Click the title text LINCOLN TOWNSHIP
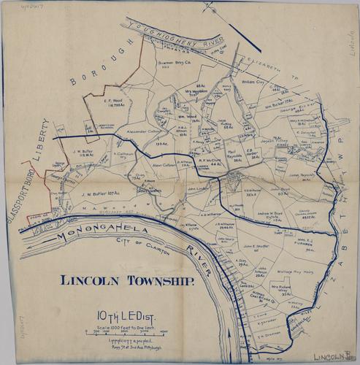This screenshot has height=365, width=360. (x=127, y=280)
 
